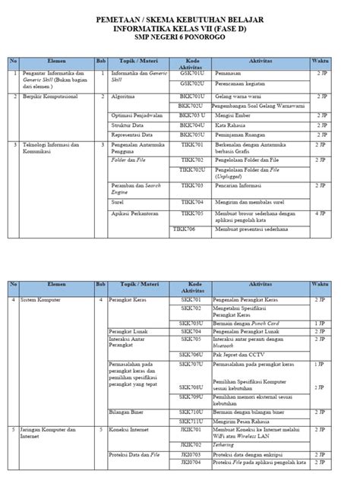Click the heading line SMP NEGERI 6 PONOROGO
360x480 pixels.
pyautogui.click(x=179, y=36)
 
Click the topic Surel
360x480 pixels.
pyautogui.click(x=118, y=201)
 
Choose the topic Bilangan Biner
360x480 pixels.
pyautogui.click(x=128, y=411)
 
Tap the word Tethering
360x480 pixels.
pyautogui.click(x=226, y=446)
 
